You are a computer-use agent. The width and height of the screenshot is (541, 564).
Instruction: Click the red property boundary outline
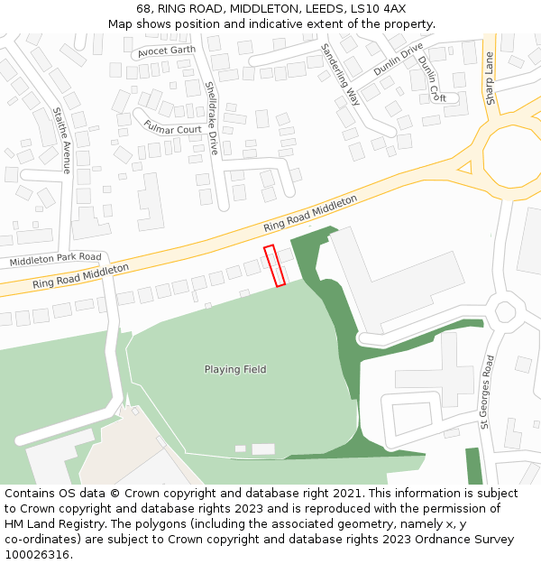click(274, 265)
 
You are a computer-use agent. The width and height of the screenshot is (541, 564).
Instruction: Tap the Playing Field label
click(235, 369)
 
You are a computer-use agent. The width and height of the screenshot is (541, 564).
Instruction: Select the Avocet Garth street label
click(167, 51)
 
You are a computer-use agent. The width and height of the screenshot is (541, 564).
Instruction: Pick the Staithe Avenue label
click(62, 140)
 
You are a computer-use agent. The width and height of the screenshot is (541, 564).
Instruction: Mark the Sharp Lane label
click(490, 79)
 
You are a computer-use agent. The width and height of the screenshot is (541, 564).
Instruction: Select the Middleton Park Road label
click(56, 260)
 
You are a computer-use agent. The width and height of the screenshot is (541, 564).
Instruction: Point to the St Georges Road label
click(487, 391)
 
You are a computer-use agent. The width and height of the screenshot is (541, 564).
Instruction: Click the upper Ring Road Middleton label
click(310, 213)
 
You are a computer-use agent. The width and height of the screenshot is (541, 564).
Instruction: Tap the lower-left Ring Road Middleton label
click(80, 276)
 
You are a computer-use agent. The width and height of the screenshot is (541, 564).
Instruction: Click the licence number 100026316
click(37, 555)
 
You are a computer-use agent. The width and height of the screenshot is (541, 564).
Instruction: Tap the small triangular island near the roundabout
click(464, 167)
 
